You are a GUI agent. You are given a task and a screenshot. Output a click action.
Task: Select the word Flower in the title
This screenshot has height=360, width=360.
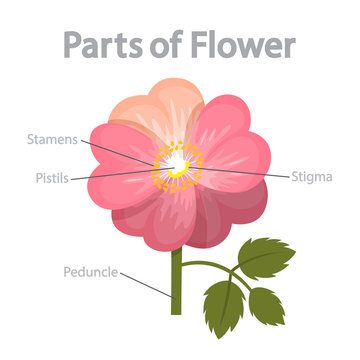246,44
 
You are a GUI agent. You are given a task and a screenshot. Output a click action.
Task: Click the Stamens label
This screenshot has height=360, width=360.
51,138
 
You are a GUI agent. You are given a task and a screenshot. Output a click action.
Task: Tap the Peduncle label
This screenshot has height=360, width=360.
90,270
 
